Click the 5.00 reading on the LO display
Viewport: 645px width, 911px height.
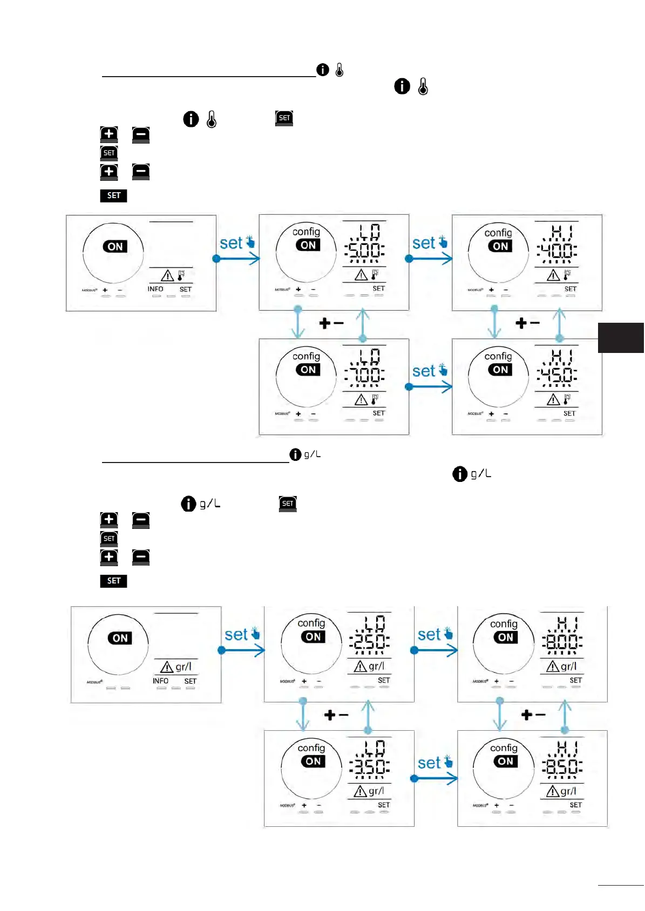(x=364, y=250)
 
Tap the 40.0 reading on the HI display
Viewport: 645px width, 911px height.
(x=556, y=250)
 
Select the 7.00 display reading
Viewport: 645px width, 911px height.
(x=364, y=375)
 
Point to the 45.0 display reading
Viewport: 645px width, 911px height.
(x=556, y=375)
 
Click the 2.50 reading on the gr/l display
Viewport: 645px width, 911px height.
(x=369, y=642)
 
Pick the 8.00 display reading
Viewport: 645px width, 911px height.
(x=562, y=642)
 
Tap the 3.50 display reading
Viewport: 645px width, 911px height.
(x=369, y=766)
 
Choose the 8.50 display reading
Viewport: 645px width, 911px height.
(x=562, y=766)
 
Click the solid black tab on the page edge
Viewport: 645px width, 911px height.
(x=621, y=337)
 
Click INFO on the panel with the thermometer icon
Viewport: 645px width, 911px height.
(x=155, y=289)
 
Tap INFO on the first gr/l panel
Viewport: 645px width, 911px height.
(x=160, y=681)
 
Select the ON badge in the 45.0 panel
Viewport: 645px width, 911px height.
(x=500, y=370)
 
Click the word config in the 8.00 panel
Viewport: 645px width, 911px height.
(x=504, y=624)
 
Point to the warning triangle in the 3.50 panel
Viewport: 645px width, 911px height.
(x=360, y=792)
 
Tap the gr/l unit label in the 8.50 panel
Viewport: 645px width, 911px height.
(x=568, y=791)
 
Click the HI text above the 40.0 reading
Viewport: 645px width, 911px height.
(x=561, y=232)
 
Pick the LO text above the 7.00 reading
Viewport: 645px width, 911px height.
(x=370, y=356)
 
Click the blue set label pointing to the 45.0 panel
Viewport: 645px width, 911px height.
(x=424, y=371)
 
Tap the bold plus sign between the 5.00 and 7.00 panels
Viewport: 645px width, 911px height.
(x=324, y=323)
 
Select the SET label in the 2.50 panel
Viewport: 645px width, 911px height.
(x=384, y=681)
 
